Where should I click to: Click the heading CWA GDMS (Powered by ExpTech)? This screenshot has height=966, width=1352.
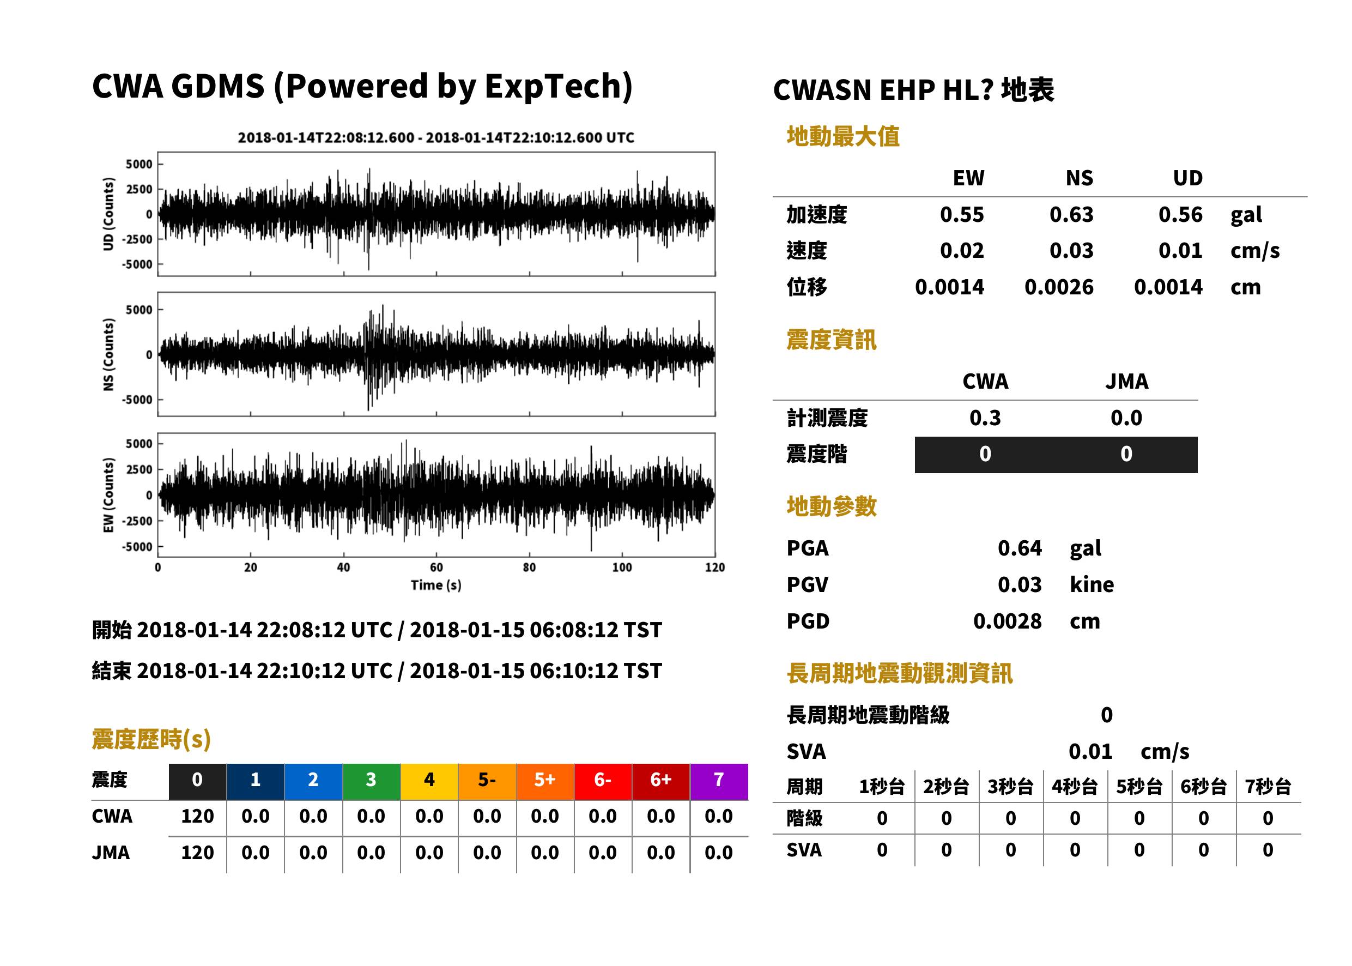pos(362,87)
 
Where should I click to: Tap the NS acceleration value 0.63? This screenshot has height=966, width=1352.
pos(1071,215)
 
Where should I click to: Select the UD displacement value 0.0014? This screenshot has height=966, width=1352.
pos(1168,287)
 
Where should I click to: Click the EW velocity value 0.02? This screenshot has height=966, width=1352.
pos(961,251)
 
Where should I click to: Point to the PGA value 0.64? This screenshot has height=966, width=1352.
pos(1019,548)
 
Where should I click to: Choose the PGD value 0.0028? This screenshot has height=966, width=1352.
pos(1007,621)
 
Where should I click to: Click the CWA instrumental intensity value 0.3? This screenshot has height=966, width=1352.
pos(985,418)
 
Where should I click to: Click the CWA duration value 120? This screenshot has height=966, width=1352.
pos(197,816)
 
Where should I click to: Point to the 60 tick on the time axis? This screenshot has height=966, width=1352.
pos(436,567)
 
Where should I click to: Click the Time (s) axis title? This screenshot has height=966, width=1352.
pos(436,585)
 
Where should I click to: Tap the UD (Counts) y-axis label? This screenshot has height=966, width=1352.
pos(108,214)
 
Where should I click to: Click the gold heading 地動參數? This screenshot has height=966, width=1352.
pos(831,507)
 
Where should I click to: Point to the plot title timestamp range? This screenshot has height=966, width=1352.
pos(436,138)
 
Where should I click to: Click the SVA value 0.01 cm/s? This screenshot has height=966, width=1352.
pos(1129,752)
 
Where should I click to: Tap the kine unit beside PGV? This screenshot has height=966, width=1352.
pos(1092,585)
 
